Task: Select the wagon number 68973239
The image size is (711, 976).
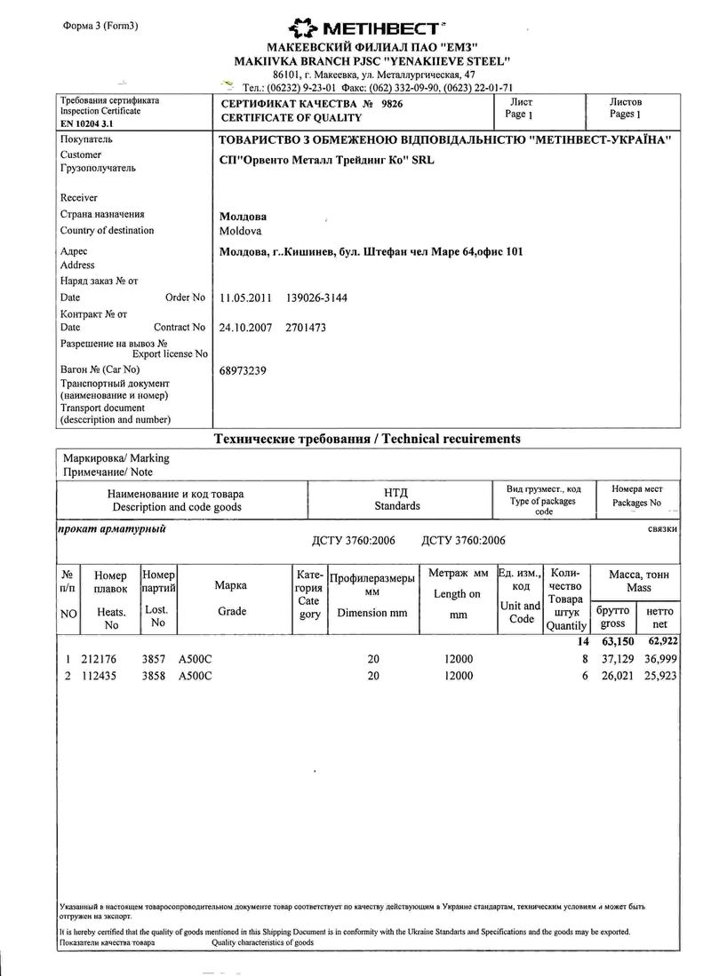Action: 243,370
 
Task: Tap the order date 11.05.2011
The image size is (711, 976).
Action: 244,298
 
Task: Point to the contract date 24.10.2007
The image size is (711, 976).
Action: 244,328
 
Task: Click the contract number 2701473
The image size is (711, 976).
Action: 306,328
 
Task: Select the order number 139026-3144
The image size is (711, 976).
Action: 316,298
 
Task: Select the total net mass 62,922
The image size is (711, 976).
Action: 659,641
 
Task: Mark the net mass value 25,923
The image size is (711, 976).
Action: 659,676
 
